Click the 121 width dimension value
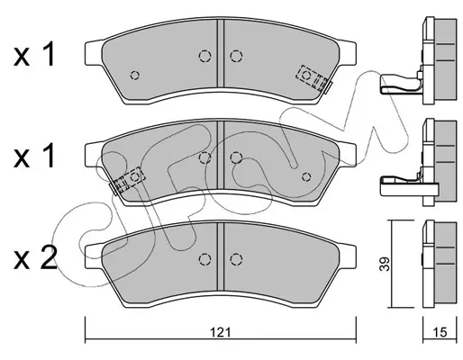[220, 332]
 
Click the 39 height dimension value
[385, 264]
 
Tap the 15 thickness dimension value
[440, 332]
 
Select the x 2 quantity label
[35, 257]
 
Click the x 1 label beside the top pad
[34, 54]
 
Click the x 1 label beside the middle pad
[34, 156]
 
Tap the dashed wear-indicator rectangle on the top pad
[312, 77]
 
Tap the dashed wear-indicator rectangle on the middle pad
[130, 179]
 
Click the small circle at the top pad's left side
[135, 75]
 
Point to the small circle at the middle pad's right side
[306, 177]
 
